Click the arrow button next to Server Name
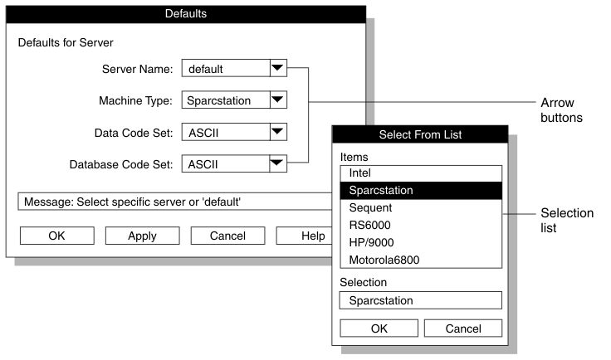pos(278,69)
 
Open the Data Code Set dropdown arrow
pos(278,132)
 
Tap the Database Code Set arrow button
pos(278,163)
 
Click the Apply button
pos(142,236)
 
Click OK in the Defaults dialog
pos(56,236)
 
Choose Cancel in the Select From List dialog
pos(463,328)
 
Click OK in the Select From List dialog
pos(379,328)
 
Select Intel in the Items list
pos(420,173)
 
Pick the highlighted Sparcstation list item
pos(420,190)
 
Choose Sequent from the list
pos(420,207)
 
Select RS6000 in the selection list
pos(420,225)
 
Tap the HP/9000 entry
pos(420,242)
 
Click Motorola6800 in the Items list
pos(420,260)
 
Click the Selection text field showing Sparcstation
pos(420,300)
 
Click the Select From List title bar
pos(420,134)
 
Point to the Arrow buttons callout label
pos(562,110)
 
